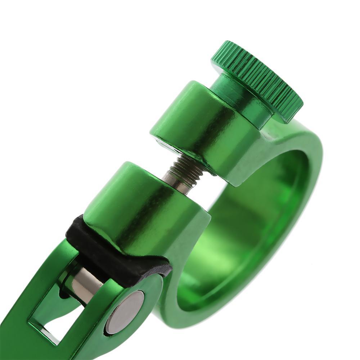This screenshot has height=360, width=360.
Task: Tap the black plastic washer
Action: [119, 248]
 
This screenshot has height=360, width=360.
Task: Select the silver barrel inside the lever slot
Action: [85, 284]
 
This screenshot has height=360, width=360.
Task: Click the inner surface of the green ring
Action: [259, 223]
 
